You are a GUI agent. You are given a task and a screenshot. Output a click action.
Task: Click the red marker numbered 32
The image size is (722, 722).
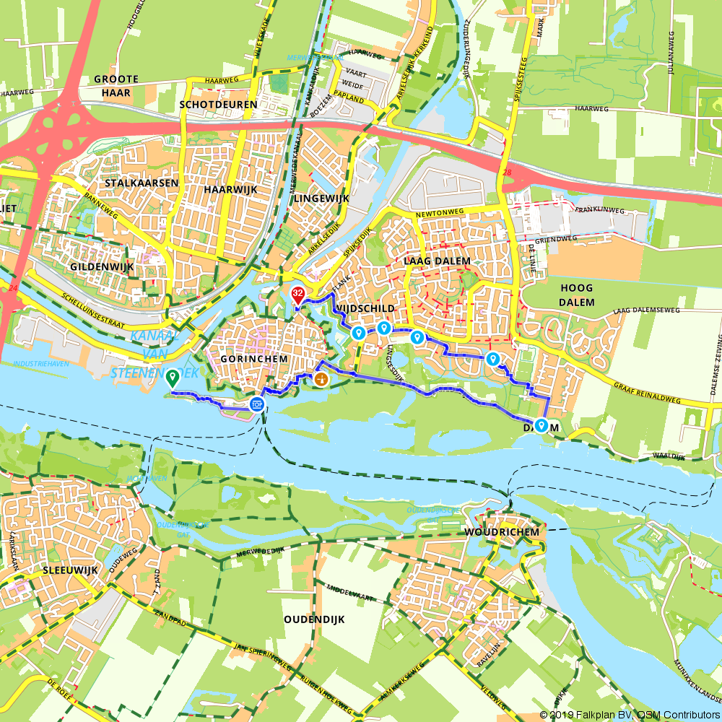pyautogui.click(x=297, y=294)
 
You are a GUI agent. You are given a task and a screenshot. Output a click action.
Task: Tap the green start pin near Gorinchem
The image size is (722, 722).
pyautogui.click(x=172, y=377)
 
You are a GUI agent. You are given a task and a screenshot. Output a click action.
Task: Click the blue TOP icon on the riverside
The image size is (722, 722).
pyautogui.click(x=256, y=404)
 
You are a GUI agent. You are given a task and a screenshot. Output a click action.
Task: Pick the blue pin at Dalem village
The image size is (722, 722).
pyautogui.click(x=541, y=425)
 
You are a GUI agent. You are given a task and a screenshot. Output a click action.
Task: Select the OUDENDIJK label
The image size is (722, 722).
pyautogui.click(x=314, y=619)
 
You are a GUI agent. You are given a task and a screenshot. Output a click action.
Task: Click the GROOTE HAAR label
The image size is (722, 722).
pyautogui.click(x=112, y=86)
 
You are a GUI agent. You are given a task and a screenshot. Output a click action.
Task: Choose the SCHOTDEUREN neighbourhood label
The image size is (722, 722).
pyautogui.click(x=218, y=105)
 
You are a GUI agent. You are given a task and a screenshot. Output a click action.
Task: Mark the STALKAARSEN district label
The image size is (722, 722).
pyautogui.click(x=142, y=183)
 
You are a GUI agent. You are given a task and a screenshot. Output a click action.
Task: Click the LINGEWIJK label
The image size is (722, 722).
pyautogui.click(x=321, y=197)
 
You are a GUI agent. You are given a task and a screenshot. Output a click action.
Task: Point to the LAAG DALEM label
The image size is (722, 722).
pyautogui.click(x=438, y=261)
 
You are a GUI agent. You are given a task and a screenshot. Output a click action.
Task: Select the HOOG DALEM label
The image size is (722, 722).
pyautogui.click(x=575, y=295)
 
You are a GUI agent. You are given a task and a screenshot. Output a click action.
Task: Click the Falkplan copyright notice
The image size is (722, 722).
pyautogui.click(x=630, y=714)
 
